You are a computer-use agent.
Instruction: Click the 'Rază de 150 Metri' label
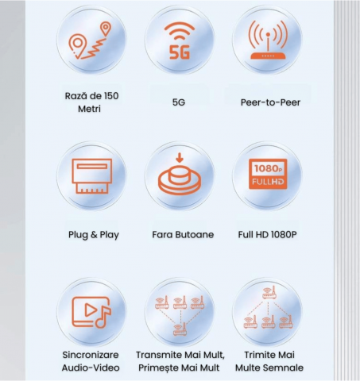click(x=91, y=102)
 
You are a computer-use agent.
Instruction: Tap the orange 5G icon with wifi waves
click(x=180, y=40)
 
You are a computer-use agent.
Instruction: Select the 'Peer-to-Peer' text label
click(x=270, y=102)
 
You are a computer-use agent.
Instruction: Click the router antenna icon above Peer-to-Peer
click(x=268, y=40)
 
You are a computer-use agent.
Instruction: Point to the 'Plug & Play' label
click(x=94, y=235)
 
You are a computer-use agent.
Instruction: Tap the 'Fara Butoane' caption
click(x=183, y=234)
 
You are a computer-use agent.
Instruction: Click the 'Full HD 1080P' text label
click(x=267, y=234)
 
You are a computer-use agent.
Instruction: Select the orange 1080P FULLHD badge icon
click(x=268, y=174)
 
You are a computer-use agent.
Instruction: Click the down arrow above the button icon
click(x=180, y=157)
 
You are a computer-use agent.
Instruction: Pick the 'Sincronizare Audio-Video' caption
click(x=91, y=361)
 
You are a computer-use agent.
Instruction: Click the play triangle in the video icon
click(x=90, y=310)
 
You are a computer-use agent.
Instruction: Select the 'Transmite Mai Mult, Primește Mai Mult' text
click(x=180, y=361)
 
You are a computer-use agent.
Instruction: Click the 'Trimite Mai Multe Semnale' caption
click(x=269, y=361)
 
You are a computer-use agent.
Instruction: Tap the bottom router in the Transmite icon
click(x=180, y=329)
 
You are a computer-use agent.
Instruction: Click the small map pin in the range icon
click(x=106, y=29)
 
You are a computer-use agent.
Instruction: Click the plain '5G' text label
click(x=179, y=102)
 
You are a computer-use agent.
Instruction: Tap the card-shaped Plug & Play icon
click(x=91, y=176)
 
